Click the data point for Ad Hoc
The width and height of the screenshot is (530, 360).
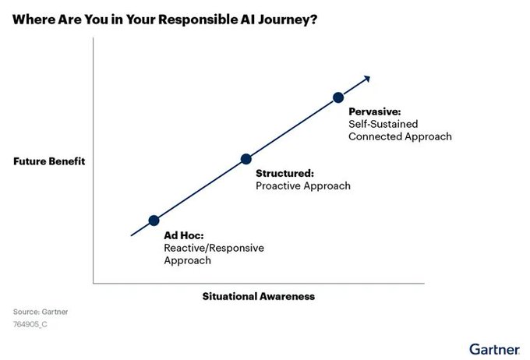154,221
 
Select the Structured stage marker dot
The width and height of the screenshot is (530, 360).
246,159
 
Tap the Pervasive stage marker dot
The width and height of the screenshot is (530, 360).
338,97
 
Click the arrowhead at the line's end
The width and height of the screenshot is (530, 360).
367,79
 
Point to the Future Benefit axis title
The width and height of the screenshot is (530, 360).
49,161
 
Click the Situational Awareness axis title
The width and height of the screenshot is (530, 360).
259,296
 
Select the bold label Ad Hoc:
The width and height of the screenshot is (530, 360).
184,235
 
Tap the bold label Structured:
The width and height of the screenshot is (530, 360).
285,174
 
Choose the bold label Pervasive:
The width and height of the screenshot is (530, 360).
375,111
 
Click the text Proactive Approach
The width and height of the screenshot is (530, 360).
303,186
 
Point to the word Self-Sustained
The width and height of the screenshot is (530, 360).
383,124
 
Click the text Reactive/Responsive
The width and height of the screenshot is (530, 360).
214,248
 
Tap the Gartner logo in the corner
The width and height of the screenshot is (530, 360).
494,349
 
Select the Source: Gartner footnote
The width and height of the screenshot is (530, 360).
41,312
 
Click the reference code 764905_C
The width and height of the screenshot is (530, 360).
30,324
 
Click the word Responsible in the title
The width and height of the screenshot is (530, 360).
198,19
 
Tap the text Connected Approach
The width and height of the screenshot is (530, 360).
400,136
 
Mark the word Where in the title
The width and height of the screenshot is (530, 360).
34,19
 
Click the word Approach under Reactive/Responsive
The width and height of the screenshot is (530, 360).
188,260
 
